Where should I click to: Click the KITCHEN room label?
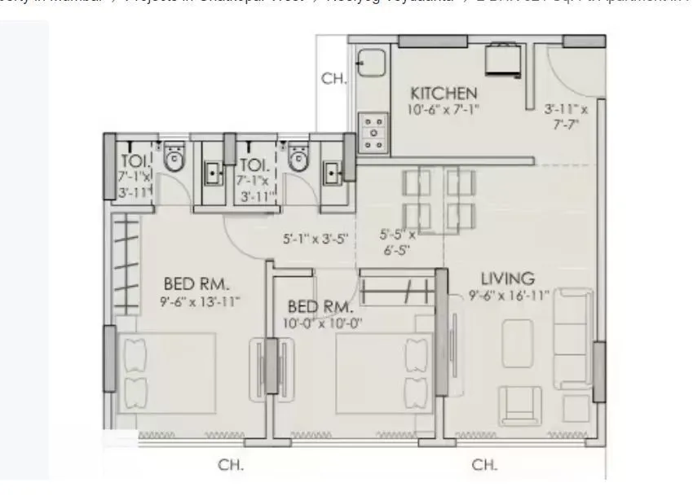(x=444, y=92)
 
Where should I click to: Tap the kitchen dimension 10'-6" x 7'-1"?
(x=444, y=108)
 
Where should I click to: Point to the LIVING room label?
(x=507, y=279)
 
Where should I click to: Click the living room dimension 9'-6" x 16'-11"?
(x=510, y=295)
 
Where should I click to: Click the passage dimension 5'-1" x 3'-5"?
(x=316, y=239)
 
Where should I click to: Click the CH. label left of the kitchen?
(x=334, y=79)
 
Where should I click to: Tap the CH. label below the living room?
(x=484, y=465)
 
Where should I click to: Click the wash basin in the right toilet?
(x=333, y=172)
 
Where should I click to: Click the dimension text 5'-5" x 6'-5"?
(x=398, y=242)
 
